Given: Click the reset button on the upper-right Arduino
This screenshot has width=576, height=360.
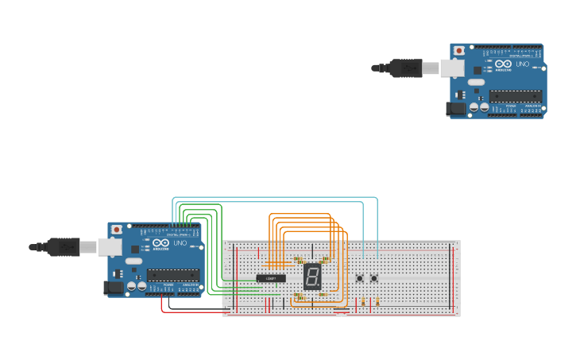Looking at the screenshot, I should coord(459,51).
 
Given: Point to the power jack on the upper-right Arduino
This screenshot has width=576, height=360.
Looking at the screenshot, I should coord(455,109).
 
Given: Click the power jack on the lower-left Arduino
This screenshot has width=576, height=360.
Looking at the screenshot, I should coord(114,288).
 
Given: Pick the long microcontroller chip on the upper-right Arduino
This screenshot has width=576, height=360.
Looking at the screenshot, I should coord(516,96).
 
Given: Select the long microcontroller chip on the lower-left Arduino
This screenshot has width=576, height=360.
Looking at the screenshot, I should coord(173,275).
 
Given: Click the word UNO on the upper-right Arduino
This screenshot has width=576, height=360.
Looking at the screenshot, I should coord(522,64).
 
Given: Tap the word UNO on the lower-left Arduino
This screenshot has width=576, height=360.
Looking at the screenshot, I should coord(180,243).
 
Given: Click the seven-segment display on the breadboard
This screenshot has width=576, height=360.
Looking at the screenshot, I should coord(312,277).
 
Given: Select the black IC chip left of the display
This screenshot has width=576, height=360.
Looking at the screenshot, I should coord(271,278).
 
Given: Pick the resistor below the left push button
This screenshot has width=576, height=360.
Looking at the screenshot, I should coord(363,302).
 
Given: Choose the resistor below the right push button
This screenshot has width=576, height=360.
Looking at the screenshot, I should coord(377,302).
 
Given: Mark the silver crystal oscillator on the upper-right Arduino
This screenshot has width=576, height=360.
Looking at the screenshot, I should coord(475,82).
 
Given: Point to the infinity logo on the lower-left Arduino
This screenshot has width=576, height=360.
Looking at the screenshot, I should coord(160,243).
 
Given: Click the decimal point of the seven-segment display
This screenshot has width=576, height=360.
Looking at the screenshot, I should coord(319,286).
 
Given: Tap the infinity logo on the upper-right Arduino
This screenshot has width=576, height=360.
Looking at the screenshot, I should coord(503,64).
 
